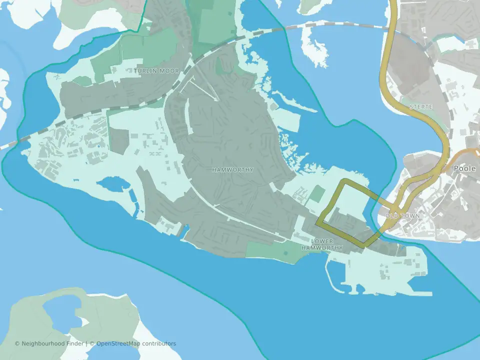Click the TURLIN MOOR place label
coord(156,71)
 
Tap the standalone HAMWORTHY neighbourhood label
coord(232,170)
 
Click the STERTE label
coord(420,107)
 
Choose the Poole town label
coord(464,169)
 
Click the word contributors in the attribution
coord(159,343)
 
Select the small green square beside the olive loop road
coord(317,193)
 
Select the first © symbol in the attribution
coord(17,343)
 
